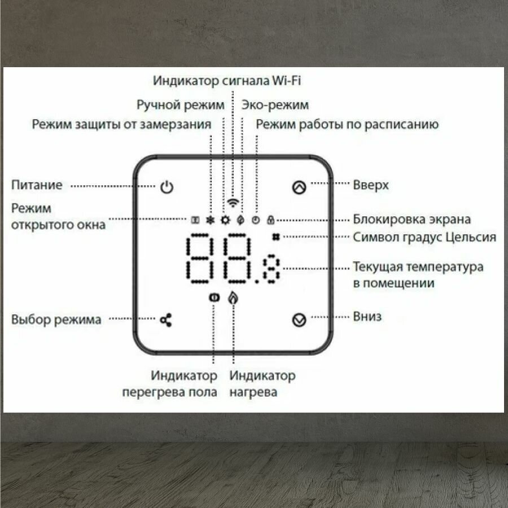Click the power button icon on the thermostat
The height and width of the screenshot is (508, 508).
pos(166,187)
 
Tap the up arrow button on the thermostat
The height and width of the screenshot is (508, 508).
pos(299,187)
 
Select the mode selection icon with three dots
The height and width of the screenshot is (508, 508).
pos(166,320)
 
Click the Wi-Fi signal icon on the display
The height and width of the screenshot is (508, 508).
pos(233,203)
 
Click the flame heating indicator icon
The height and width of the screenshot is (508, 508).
pos(232,297)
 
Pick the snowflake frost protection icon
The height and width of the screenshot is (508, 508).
pos(211,220)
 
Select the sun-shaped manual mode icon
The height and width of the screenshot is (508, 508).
pos(225,220)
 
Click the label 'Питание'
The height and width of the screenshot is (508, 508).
pos(37,185)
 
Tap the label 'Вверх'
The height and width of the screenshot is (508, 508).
pos(371,185)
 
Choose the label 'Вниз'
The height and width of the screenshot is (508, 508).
pos(367,316)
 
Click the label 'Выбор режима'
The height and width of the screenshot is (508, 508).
pos(56,319)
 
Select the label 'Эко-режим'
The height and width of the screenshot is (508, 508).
pos(275,105)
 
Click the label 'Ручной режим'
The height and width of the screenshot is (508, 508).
pos(181,105)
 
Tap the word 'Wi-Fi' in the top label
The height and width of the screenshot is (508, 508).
pos(286,81)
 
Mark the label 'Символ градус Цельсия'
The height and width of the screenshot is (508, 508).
pos(424,237)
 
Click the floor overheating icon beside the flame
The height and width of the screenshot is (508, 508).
pos(213,297)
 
